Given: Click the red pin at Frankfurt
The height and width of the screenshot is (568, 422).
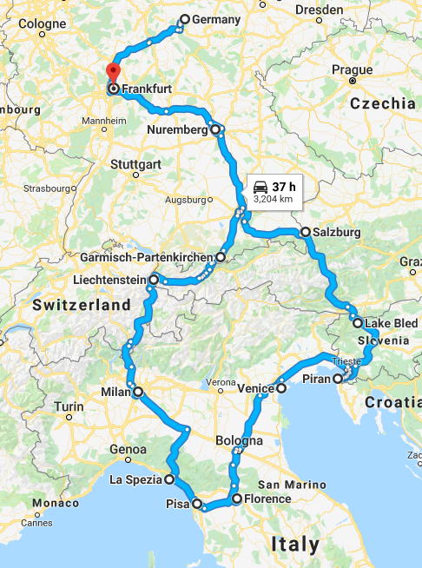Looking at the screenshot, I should [111, 71].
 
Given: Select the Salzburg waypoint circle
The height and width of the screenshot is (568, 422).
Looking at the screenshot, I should [306, 232].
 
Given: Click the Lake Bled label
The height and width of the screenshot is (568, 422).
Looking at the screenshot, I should [386, 323].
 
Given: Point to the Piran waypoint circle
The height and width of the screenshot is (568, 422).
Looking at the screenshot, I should [337, 379].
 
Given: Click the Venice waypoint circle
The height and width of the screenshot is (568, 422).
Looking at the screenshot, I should [280, 389].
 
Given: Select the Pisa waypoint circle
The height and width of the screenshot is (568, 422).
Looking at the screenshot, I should [197, 503].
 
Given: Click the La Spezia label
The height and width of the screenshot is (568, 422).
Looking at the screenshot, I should [135, 479].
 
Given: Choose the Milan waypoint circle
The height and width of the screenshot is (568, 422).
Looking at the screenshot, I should [137, 392].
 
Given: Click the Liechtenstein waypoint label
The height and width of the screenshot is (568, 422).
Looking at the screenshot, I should [108, 280].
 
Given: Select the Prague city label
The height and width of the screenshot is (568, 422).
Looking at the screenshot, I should [352, 69].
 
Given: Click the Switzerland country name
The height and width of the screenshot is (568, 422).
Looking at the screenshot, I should [82, 306].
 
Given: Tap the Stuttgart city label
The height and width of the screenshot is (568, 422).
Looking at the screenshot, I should [136, 163].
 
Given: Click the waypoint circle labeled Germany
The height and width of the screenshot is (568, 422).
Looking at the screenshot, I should [184, 19].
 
